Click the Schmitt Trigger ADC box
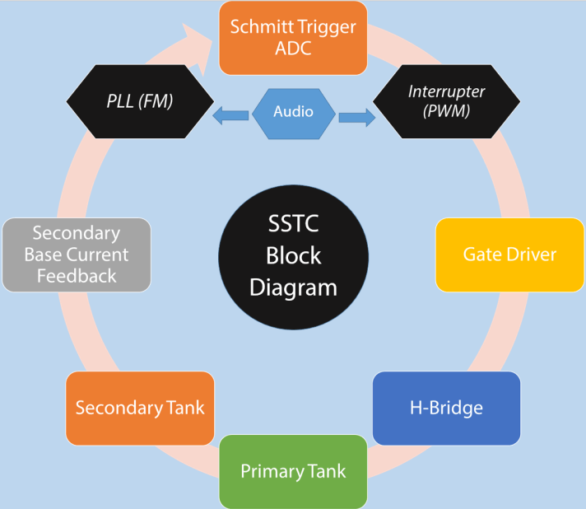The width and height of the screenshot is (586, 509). pos(293,36)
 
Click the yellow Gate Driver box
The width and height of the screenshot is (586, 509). pos(509,254)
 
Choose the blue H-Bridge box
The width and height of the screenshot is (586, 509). pos(446,408)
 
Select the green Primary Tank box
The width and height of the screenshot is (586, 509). pos(293,471)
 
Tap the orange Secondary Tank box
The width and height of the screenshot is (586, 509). pos(140,408)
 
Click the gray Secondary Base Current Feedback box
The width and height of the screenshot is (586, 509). pos(77,254)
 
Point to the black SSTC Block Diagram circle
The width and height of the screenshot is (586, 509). pos(293,255)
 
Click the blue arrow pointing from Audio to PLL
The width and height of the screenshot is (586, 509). pos(230,117)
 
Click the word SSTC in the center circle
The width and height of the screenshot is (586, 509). pos(293,223)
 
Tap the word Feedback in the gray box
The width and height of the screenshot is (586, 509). pos(77,276)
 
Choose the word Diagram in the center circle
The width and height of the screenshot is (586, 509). pos(293,287)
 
